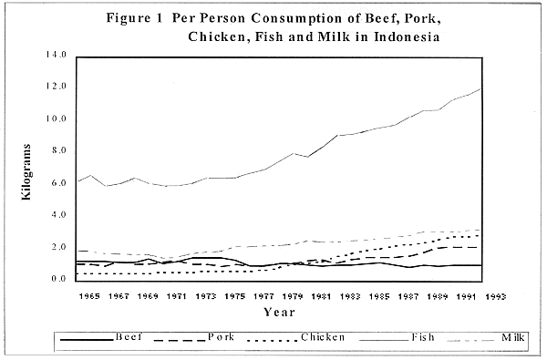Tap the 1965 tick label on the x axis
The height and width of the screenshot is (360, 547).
89,295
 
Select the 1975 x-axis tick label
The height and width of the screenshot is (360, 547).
235,295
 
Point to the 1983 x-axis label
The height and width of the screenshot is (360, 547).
352,295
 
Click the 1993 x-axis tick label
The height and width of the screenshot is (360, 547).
498,295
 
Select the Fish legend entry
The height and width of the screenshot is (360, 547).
421,336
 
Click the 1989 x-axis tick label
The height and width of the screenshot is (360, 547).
439,295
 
